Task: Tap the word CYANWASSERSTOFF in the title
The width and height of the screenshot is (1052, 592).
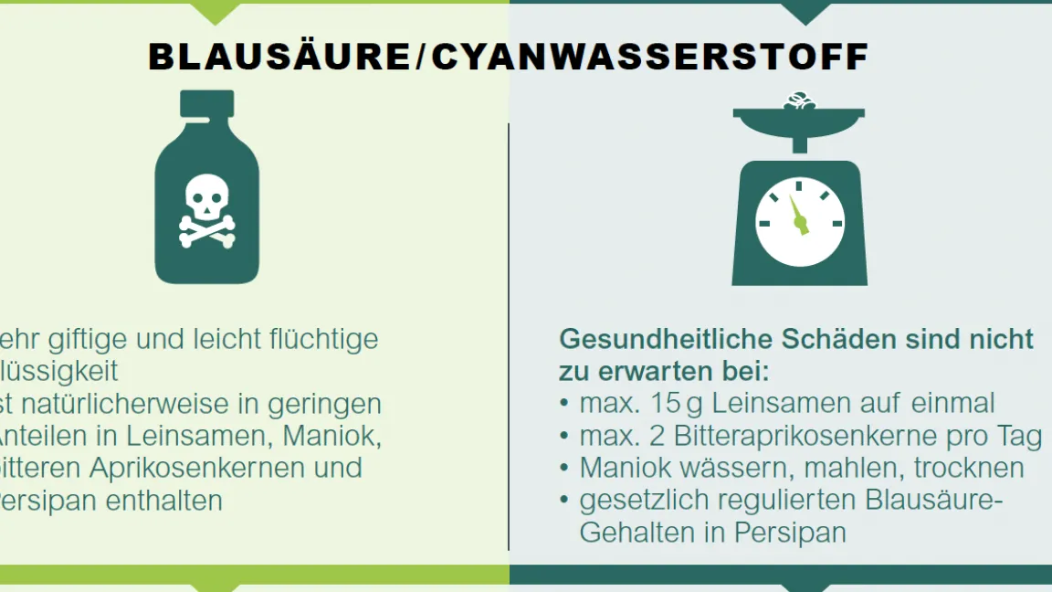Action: point(649,57)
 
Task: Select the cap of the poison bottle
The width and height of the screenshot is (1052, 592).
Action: point(206,102)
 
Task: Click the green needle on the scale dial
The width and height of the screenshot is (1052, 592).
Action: point(799,219)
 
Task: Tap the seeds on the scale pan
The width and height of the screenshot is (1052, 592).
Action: point(799,101)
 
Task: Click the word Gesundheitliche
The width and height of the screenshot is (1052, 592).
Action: point(666,339)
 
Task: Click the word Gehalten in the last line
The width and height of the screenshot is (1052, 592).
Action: point(636,533)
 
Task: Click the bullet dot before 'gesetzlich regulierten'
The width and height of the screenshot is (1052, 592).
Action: point(564,501)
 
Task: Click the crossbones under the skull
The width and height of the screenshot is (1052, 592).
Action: point(206,231)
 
